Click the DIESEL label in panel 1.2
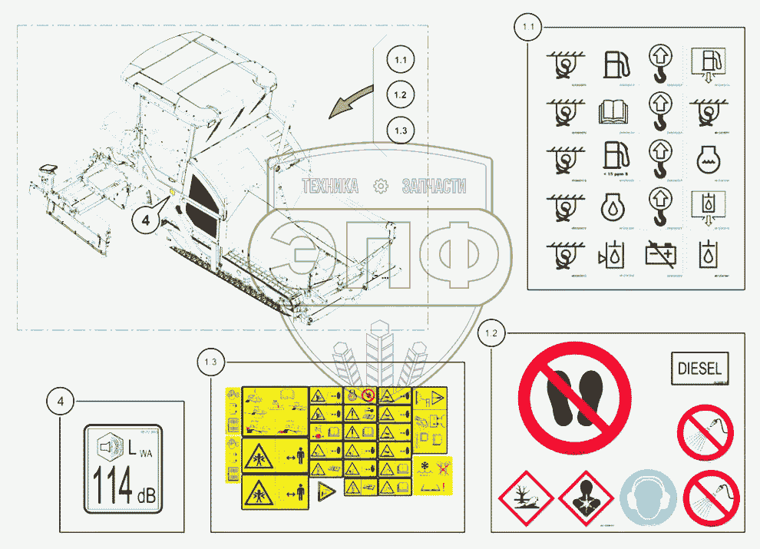click(x=700, y=369)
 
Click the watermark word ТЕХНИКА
click(x=330, y=186)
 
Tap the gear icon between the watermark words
click(x=379, y=186)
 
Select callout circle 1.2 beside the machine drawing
click(x=401, y=95)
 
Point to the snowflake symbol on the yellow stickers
click(x=424, y=467)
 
